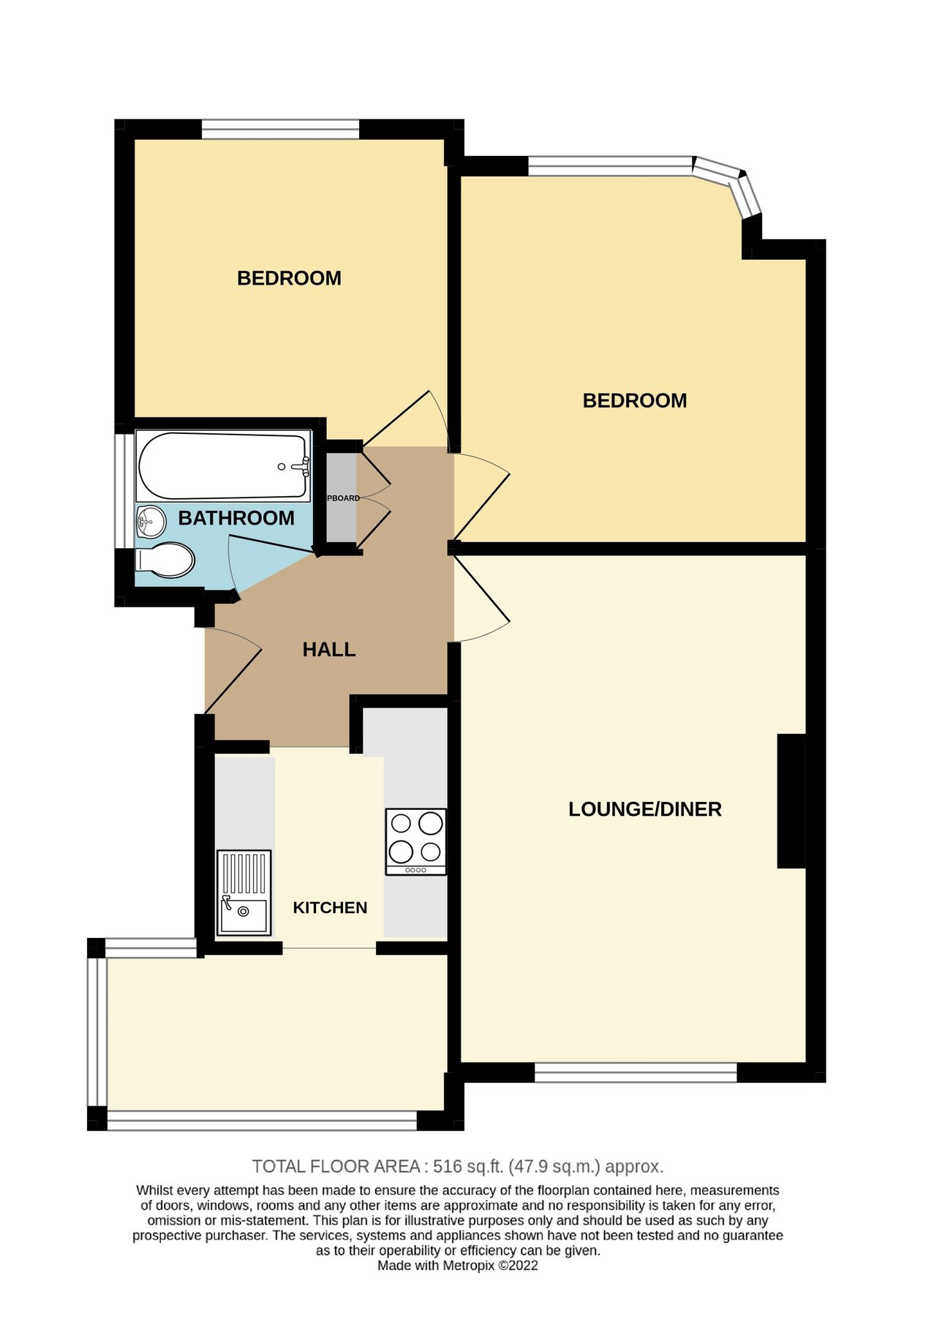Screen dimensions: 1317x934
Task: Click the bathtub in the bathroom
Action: (x=223, y=466)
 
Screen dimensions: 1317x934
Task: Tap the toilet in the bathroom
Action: (x=167, y=560)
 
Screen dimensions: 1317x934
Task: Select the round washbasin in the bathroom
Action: (x=151, y=521)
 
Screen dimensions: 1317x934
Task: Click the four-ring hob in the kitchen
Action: (x=415, y=841)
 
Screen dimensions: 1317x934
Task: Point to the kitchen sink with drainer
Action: (x=244, y=893)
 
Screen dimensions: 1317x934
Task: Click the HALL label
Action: (x=328, y=650)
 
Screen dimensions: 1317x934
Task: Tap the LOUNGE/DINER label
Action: (x=644, y=809)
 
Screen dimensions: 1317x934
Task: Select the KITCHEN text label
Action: (x=330, y=908)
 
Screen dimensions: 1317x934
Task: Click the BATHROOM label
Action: (x=236, y=518)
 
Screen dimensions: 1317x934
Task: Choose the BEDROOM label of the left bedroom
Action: (x=289, y=278)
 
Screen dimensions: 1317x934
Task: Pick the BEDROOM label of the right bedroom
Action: (x=634, y=401)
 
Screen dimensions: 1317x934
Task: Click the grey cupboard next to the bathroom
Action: (x=340, y=498)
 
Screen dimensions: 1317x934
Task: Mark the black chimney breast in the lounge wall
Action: (x=790, y=800)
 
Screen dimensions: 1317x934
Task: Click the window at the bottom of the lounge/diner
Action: (x=635, y=1073)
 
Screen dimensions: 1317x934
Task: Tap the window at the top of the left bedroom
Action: (x=280, y=130)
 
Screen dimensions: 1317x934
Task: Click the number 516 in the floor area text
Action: (x=448, y=1167)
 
